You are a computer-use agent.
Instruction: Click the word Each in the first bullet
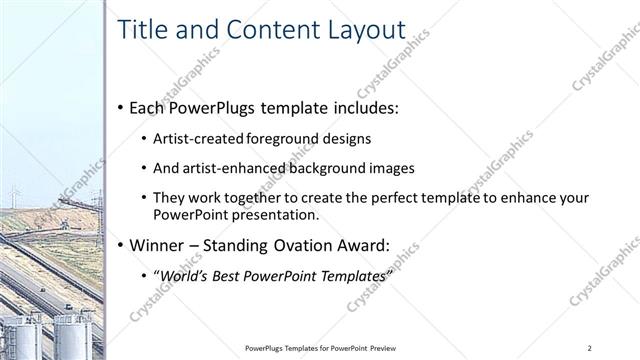147,107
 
